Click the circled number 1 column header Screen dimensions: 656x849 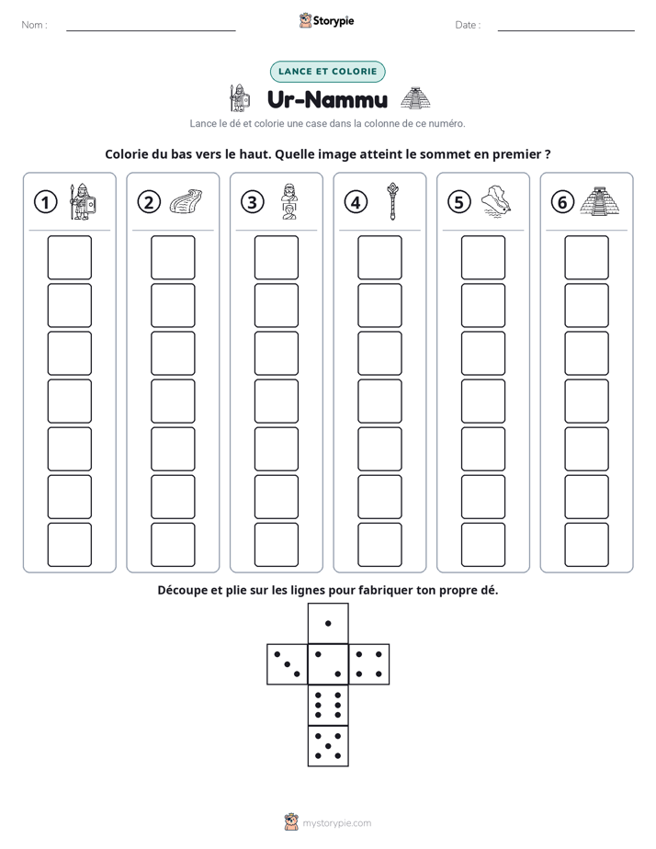coord(45,202)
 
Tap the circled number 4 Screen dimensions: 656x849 coord(356,202)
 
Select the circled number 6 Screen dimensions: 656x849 coord(562,202)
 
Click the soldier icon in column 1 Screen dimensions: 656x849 coord(83,201)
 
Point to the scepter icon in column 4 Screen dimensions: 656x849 coord(392,201)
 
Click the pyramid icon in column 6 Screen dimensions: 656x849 coord(600,201)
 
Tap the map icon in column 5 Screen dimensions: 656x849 coord(496,201)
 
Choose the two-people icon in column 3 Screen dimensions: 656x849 coord(289,201)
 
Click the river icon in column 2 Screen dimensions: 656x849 coord(186,201)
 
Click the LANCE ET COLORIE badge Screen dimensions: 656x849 coord(327,72)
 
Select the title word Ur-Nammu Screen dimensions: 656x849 coord(327,99)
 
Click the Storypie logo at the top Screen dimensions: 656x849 coord(327,20)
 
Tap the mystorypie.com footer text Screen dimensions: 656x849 coord(336,823)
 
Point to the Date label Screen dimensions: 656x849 coord(468,25)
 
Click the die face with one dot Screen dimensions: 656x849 coord(328,624)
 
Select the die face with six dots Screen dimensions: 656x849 coord(328,705)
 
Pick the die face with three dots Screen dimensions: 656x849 coord(287,664)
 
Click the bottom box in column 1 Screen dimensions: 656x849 coord(69,545)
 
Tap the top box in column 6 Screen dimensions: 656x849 coord(587,257)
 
